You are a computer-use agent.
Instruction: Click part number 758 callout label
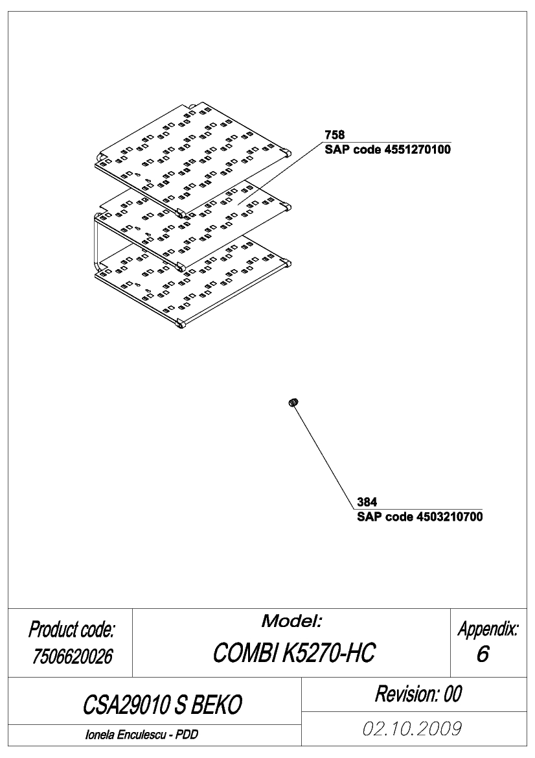click(335, 135)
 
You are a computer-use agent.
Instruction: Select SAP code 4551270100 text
click(388, 149)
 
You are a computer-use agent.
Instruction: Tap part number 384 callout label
click(367, 503)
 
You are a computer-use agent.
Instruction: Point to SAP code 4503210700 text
click(420, 517)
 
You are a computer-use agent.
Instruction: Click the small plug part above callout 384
click(294, 402)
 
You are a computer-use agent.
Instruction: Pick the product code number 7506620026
click(73, 656)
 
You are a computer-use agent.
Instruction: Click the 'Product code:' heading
click(71, 630)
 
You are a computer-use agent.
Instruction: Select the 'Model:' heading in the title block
click(291, 621)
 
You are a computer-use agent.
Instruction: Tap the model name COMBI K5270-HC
click(293, 653)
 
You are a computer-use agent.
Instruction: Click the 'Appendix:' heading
click(488, 630)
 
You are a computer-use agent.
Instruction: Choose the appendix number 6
click(483, 654)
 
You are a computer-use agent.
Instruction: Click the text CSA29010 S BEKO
click(162, 705)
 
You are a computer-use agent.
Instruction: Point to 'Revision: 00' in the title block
click(418, 694)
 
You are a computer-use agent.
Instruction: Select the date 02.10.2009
click(412, 728)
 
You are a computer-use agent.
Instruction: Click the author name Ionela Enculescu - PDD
click(141, 735)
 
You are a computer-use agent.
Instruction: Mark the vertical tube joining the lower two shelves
click(96, 244)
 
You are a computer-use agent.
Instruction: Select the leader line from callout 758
click(279, 174)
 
